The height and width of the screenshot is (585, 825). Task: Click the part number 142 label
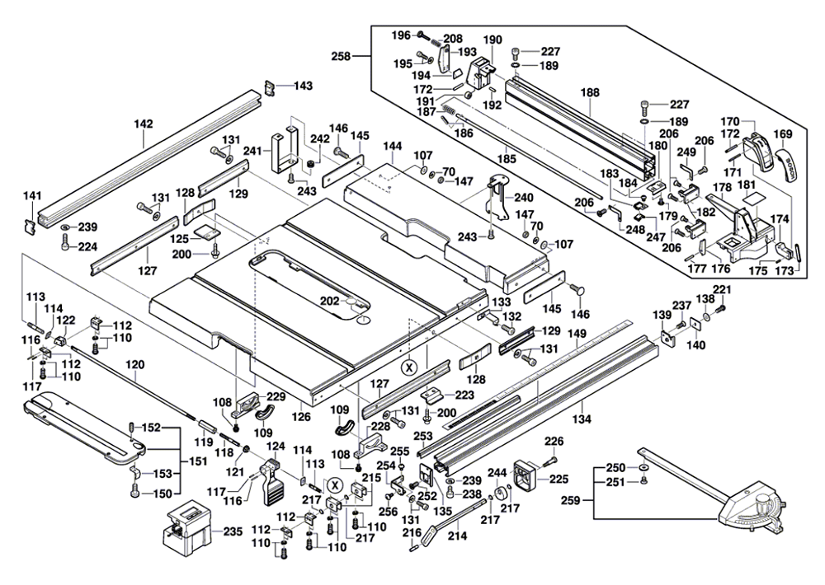click(x=143, y=124)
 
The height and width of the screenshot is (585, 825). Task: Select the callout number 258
click(x=340, y=56)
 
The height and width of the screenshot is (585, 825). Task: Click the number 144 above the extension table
click(x=393, y=145)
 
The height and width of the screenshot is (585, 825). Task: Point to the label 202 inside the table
click(x=330, y=302)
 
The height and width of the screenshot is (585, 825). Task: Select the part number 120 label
click(x=134, y=364)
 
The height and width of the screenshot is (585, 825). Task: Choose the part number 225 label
click(x=559, y=478)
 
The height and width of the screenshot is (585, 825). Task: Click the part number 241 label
click(x=252, y=151)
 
